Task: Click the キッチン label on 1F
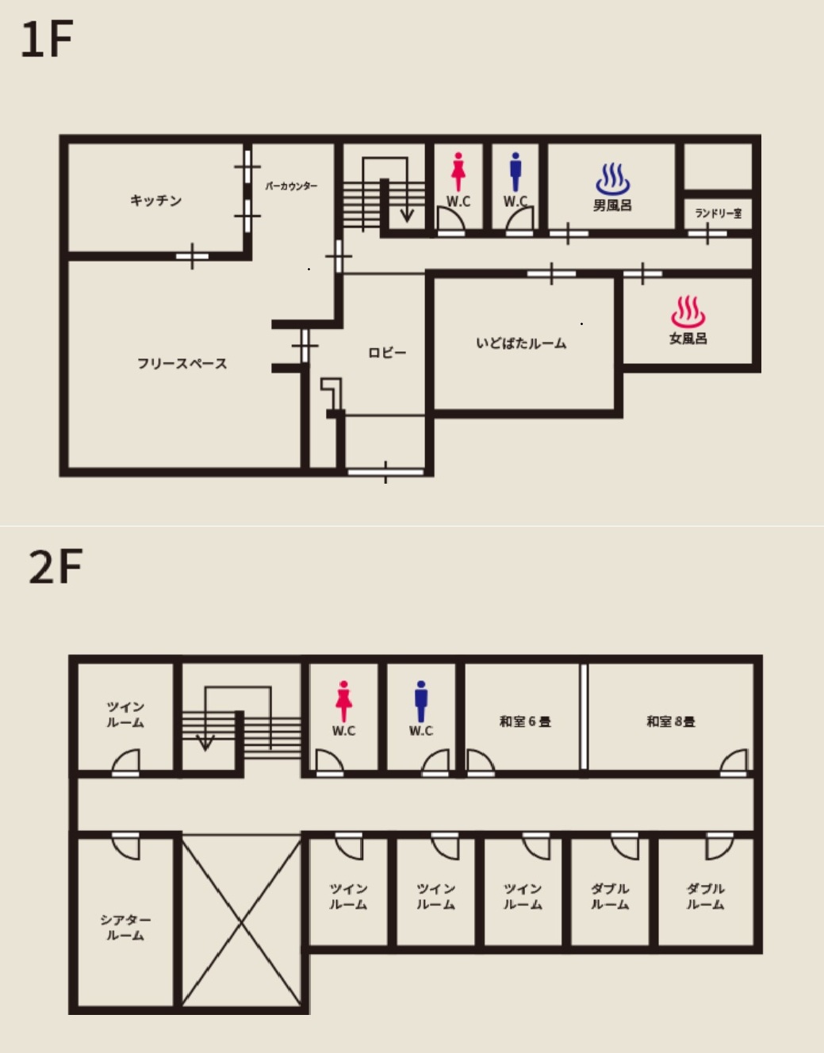[155, 200]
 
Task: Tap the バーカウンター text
[291, 186]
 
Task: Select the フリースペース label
[182, 363]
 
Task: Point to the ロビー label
[387, 352]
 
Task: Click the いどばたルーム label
[521, 343]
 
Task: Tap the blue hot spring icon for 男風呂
[613, 179]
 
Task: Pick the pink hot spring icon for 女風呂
[688, 312]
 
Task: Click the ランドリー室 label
[718, 213]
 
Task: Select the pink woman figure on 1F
[458, 172]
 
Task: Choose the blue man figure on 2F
[421, 701]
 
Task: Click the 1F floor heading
[47, 39]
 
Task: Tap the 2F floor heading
[56, 566]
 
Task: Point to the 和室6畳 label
[525, 722]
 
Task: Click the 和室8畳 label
[671, 722]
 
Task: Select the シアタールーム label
[125, 928]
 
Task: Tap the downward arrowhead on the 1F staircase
[407, 216]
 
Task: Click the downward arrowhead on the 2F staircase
[205, 743]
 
